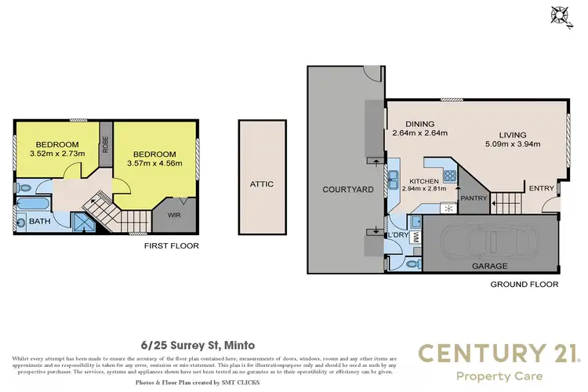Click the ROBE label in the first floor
point(106,147)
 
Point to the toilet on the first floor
point(25,187)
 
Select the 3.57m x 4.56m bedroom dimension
point(154,164)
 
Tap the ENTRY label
point(541,188)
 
